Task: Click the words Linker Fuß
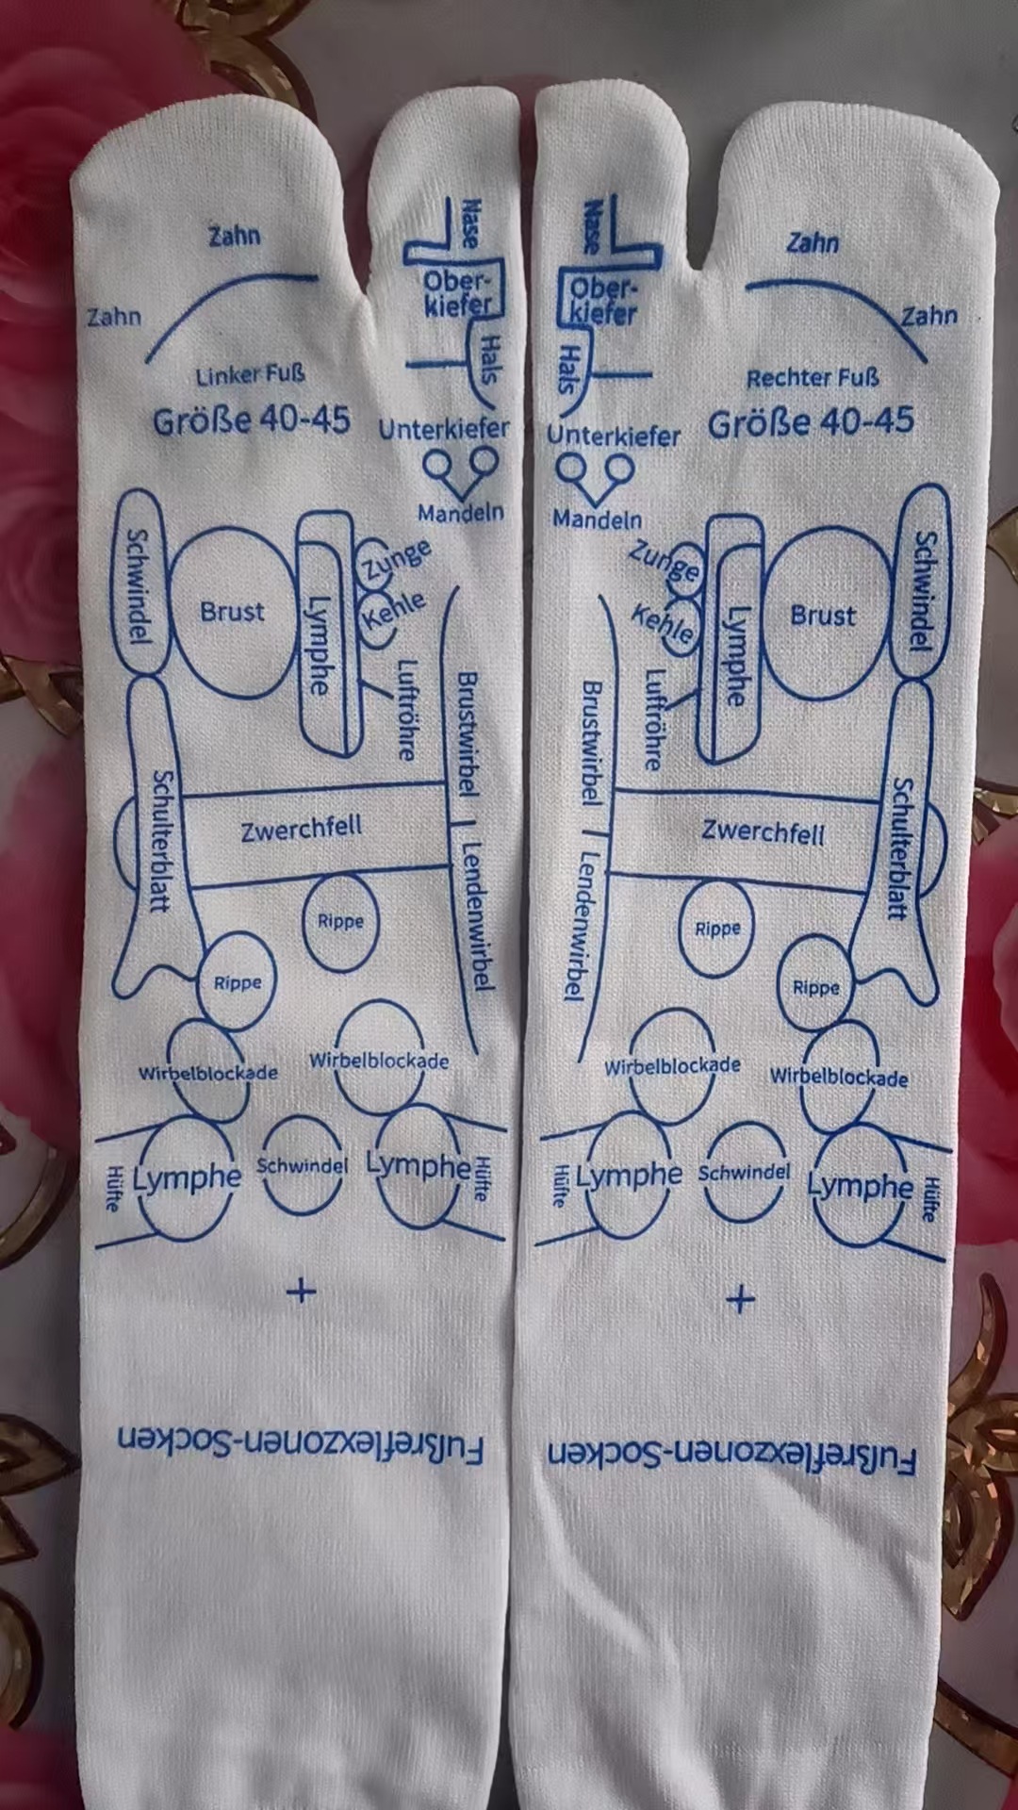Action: [x=250, y=375]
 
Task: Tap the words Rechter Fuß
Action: [x=812, y=378]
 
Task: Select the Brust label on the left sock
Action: [x=232, y=612]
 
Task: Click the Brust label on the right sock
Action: [x=823, y=616]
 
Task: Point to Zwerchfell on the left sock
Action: [x=301, y=830]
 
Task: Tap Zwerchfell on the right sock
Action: [x=763, y=832]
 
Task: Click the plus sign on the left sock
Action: [x=301, y=1290]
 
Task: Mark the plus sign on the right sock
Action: [x=741, y=1299]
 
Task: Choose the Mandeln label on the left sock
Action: [x=461, y=513]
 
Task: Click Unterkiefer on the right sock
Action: [x=614, y=436]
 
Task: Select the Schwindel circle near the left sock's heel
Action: [x=302, y=1166]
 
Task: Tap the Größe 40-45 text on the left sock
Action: [x=252, y=420]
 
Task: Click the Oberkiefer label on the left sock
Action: [x=458, y=292]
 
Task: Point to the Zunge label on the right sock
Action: [x=665, y=562]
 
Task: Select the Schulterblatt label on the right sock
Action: [x=901, y=848]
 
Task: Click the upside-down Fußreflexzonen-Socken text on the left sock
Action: [x=301, y=1445]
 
